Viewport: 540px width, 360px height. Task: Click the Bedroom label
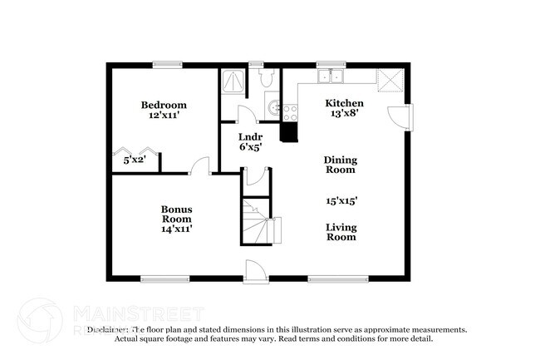164,105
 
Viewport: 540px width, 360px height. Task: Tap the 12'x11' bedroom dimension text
164,116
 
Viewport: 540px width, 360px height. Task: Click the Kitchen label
343,103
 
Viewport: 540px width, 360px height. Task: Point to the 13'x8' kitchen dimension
343,114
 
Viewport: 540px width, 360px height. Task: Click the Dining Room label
340,164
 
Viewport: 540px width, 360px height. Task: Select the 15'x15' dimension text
341,200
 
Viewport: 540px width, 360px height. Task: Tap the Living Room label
341,231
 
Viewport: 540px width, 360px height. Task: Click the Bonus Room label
177,214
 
